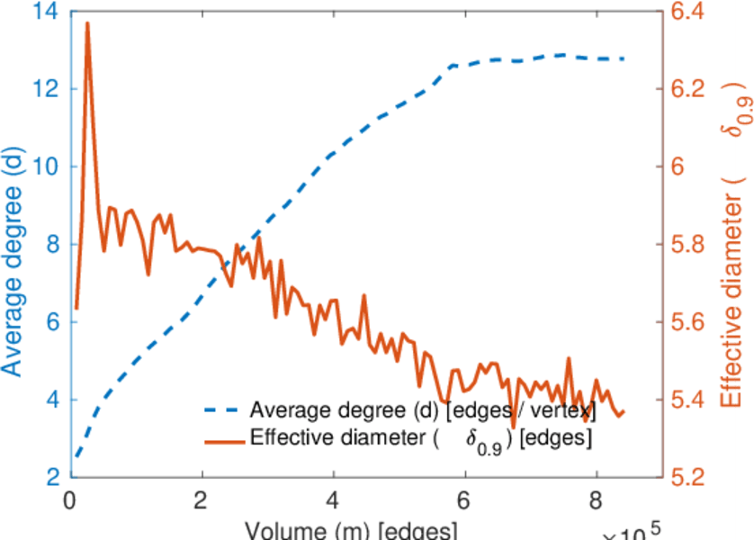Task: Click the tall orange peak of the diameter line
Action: click(x=87, y=23)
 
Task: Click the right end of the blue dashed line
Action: click(x=624, y=58)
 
